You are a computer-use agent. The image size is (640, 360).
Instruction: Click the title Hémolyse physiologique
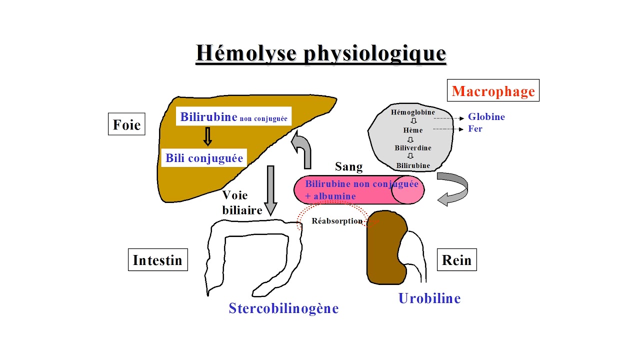320,53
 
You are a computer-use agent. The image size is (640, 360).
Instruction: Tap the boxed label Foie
126,124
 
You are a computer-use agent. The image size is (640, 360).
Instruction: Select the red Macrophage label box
493,91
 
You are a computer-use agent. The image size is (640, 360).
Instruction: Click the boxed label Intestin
157,260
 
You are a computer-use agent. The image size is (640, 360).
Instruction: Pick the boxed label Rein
456,260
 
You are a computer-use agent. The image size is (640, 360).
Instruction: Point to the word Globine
486,117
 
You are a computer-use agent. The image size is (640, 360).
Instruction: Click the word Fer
475,129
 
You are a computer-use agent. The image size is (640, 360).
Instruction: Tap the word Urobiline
429,298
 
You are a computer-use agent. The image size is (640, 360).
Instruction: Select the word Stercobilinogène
283,308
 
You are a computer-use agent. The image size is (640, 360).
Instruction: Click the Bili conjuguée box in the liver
204,158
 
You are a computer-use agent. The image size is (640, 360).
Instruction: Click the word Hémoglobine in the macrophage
412,112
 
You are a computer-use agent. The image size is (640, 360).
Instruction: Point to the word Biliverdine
412,148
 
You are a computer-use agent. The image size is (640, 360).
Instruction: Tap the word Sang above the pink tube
348,166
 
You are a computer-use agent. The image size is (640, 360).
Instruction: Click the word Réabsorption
336,221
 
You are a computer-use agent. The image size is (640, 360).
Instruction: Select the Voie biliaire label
242,202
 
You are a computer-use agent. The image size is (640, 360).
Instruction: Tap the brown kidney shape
386,247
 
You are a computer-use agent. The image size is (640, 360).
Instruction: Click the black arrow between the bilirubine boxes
207,136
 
